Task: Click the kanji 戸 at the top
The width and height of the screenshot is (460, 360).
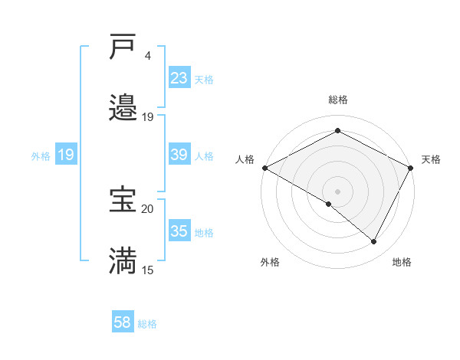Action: [123, 48]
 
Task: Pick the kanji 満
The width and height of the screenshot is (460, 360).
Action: [123, 260]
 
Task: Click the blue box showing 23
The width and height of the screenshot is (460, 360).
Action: [179, 78]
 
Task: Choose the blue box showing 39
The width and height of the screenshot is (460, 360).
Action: [179, 155]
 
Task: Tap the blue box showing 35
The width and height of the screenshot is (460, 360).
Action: [179, 231]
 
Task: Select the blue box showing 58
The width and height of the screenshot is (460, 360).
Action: [123, 323]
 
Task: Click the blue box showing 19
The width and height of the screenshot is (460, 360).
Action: [66, 155]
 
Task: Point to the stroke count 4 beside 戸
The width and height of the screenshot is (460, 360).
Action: [147, 56]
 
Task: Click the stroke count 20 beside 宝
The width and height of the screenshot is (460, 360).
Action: [147, 208]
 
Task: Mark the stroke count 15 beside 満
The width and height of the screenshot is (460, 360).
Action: [147, 270]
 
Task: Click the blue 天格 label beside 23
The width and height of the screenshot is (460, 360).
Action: [204, 79]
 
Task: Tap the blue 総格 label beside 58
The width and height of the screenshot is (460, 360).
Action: [147, 324]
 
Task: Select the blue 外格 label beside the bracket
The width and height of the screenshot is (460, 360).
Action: [41, 156]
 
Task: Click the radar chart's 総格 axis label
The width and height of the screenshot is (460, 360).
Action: [337, 100]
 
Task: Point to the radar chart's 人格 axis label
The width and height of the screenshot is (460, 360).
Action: [245, 159]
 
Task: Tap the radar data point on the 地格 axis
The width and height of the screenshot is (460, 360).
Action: [374, 241]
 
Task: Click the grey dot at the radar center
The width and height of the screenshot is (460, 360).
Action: [337, 191]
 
